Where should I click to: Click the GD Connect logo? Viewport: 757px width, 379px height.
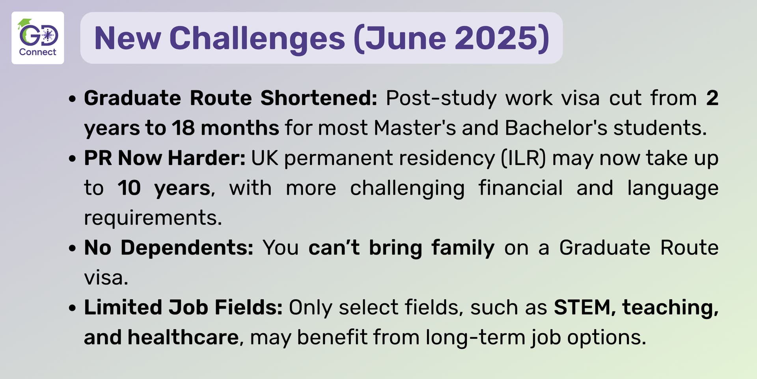pos(38,38)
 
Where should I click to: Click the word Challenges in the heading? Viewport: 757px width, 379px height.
pos(257,39)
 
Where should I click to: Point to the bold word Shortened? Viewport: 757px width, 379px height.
pos(319,98)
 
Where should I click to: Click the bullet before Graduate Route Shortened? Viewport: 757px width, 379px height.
pos(72,99)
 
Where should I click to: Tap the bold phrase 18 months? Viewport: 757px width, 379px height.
pos(226,128)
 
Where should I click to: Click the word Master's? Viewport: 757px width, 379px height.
pos(414,128)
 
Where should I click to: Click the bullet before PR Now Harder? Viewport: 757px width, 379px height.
pos(72,159)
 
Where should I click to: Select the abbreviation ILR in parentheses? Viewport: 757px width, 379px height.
pos(524,158)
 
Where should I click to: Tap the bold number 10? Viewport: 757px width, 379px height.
pos(129,188)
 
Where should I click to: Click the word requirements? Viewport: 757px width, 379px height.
pos(153,218)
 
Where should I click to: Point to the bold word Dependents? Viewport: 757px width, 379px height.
pos(187,248)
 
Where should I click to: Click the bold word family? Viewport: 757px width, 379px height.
pos(462,248)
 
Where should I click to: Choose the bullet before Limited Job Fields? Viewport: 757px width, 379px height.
pos(72,308)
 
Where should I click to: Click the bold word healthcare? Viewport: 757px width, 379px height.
pos(183,338)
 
